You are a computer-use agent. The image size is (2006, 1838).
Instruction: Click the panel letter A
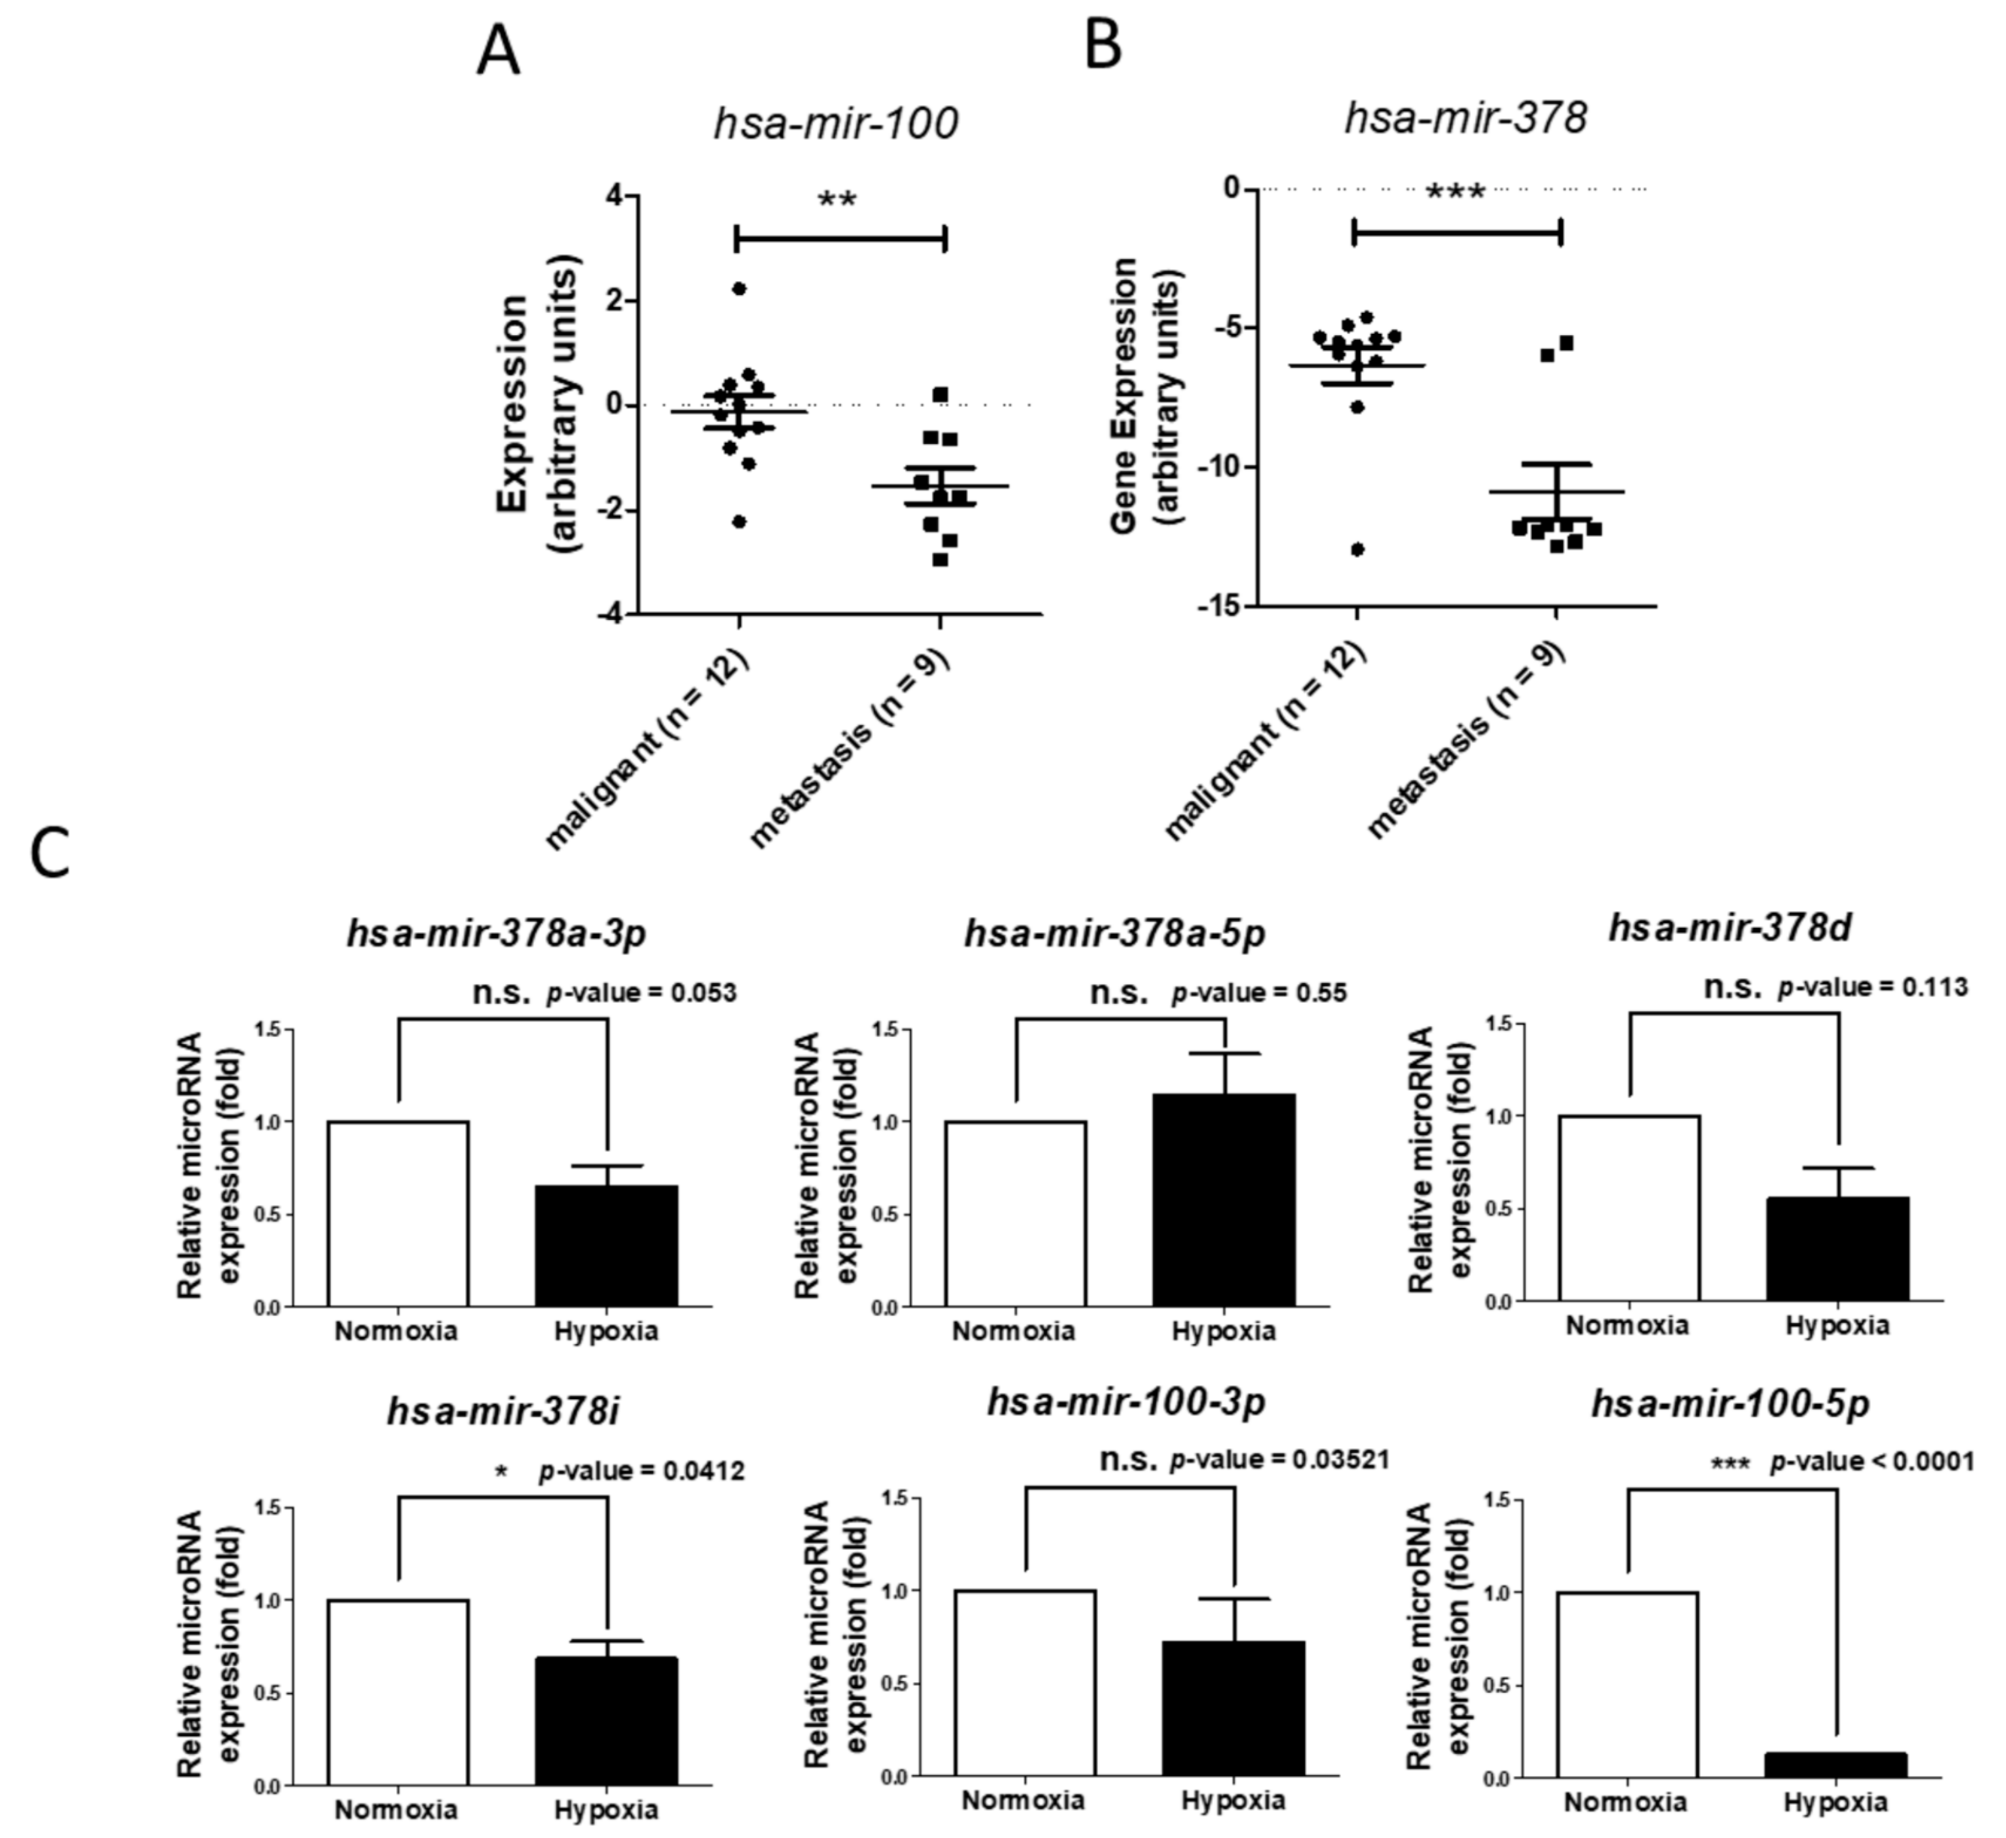pos(497,52)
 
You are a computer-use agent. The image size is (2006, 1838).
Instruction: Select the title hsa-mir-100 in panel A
pos(836,123)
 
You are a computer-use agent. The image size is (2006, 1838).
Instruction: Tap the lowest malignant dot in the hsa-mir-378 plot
pos(1357,549)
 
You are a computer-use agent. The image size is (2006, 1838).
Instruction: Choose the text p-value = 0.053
pos(642,993)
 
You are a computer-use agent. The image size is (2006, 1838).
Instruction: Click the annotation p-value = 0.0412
pos(642,1471)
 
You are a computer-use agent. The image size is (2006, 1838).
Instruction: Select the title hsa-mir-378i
pos(504,1413)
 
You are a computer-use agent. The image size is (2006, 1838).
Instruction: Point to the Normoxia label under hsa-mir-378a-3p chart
pos(396,1331)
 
